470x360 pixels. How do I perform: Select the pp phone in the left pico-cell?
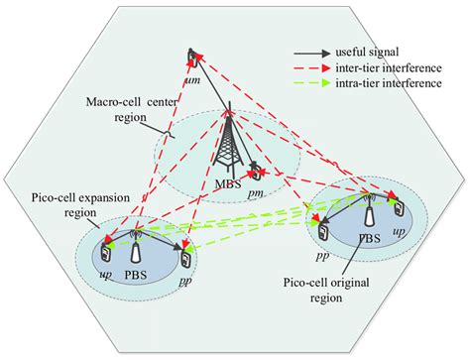184,260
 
